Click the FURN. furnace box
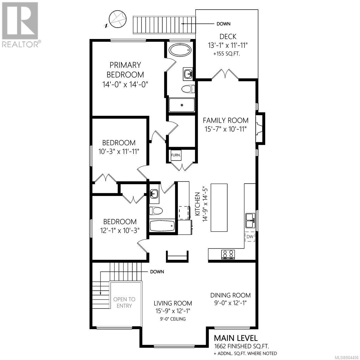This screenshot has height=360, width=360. [176, 155]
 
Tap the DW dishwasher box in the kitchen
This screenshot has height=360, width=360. [250, 236]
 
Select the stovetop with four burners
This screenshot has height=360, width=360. [228, 254]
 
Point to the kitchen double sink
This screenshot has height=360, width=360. [250, 220]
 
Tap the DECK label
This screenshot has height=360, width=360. [228, 36]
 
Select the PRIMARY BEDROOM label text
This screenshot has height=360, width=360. [125, 70]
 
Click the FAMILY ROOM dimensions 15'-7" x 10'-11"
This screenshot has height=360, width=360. [226, 129]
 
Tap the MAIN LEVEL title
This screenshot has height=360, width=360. [236, 338]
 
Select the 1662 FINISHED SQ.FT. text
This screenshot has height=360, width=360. [241, 346]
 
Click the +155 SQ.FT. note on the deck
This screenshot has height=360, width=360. [226, 54]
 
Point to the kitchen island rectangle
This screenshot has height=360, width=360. [219, 208]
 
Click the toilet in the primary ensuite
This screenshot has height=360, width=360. [188, 88]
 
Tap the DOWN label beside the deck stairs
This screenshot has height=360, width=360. [223, 24]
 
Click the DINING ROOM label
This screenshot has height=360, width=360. [230, 295]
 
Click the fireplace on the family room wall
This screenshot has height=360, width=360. [260, 128]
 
